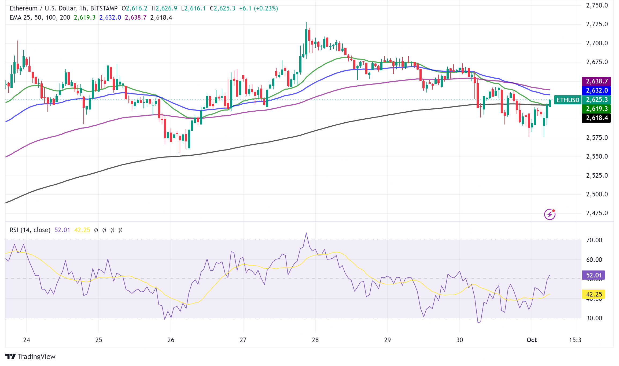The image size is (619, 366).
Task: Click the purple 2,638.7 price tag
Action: pos(596,81)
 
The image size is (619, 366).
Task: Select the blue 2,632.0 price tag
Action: pos(596,90)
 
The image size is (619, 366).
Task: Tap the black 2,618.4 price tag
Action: pos(596,118)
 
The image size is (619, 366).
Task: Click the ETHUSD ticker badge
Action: pos(568,100)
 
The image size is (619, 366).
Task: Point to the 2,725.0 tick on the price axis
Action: pos(597,24)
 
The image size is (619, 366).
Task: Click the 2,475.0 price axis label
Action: pos(597,213)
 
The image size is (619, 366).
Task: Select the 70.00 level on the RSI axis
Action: pos(594,240)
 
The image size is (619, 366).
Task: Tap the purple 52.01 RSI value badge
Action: pos(594,275)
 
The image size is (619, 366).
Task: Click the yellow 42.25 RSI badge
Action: pos(594,294)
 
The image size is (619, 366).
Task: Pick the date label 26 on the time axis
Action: pos(171,340)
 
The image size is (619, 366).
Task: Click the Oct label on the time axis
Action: pos(532,340)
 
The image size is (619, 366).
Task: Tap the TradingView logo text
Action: pos(36,357)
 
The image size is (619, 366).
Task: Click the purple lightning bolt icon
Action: pos(550,214)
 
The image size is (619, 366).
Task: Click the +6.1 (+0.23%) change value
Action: pos(258,8)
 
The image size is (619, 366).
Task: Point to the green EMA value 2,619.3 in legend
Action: pos(84,17)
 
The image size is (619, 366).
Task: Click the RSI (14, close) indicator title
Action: pos(30,230)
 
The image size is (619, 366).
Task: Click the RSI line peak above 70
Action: pos(306,233)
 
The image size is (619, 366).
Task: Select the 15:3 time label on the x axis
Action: pos(575,340)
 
